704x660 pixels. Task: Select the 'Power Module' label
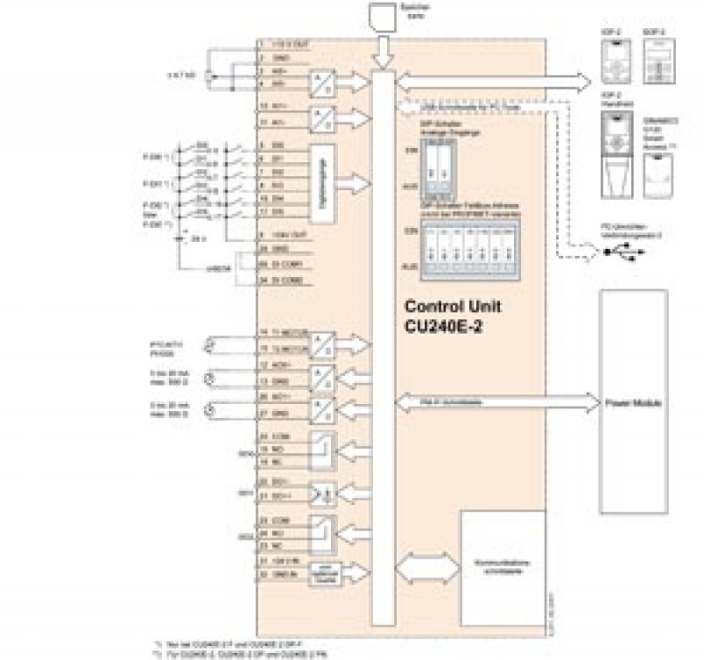(633, 402)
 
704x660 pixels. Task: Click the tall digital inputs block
(326, 182)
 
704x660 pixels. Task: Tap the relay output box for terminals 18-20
(325, 451)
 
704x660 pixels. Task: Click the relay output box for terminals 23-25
(325, 532)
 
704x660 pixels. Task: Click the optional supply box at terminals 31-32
(324, 571)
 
